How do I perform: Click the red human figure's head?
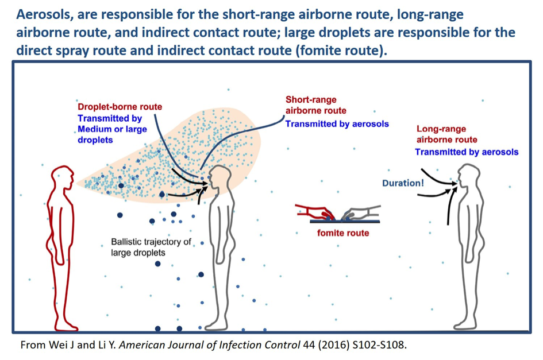click(x=63, y=177)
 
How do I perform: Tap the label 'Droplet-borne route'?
click(x=120, y=107)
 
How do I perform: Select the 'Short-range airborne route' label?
click(x=316, y=105)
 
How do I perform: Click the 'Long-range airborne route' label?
click(x=446, y=134)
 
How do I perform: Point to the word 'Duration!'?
click(x=403, y=183)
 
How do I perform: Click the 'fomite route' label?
click(x=343, y=233)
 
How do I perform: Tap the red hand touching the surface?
click(x=315, y=212)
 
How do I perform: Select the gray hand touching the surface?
click(x=361, y=212)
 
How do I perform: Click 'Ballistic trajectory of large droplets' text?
click(x=151, y=247)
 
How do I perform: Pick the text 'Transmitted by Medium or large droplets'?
click(x=112, y=129)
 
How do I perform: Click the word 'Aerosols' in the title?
click(x=44, y=14)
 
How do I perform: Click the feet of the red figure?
click(x=66, y=326)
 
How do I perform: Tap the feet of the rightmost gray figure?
click(x=466, y=326)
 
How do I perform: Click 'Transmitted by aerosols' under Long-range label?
click(x=467, y=152)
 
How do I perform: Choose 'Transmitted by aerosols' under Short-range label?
click(x=337, y=124)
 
